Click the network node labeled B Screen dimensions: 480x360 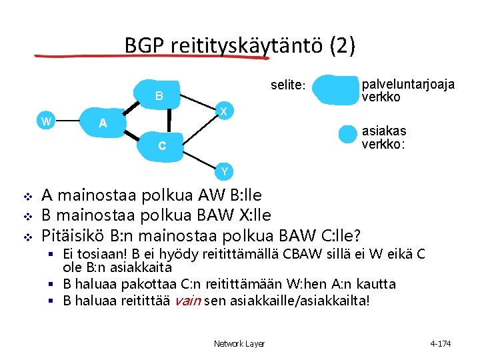click(159, 95)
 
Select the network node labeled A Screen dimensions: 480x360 click(102, 123)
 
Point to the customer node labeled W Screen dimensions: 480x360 click(46, 121)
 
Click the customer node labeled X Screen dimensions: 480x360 click(225, 110)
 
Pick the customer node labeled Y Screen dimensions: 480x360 click(225, 171)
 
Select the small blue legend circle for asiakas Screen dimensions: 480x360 click(348, 134)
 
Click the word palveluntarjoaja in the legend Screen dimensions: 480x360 click(408, 85)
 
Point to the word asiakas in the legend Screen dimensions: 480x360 click(383, 131)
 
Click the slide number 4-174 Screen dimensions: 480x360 click(441, 343)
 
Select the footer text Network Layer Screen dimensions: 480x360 click(239, 343)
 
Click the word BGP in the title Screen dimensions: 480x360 click(145, 45)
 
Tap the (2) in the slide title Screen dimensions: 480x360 click(342, 45)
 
